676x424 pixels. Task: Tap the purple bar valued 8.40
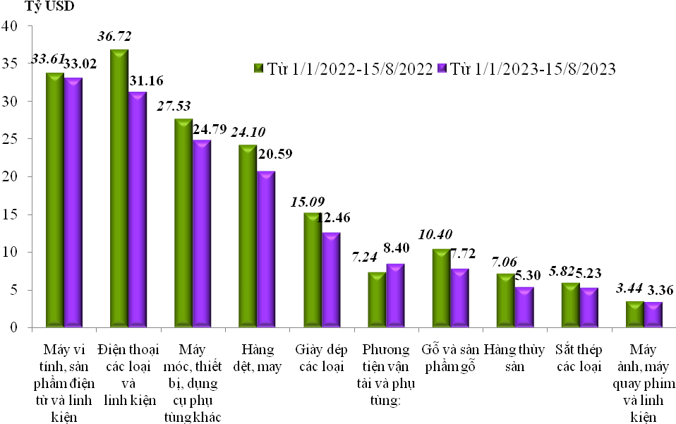pos(396,295)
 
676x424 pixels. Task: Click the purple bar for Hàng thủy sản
pos(524,306)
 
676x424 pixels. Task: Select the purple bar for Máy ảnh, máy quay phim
pos(653,314)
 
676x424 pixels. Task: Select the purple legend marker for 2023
pos(443,68)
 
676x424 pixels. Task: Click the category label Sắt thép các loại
pos(577,358)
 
